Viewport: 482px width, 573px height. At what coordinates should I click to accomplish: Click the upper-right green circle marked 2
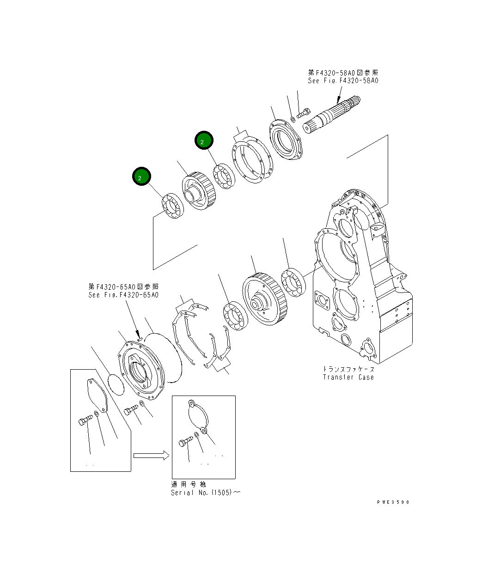point(203,140)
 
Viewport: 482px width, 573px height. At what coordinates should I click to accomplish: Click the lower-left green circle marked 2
point(141,177)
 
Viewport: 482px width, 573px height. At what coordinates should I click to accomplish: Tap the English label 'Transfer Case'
point(348,377)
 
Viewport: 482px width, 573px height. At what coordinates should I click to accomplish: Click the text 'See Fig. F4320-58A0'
point(343,80)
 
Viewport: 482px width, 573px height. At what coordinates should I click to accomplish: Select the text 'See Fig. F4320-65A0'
point(123,295)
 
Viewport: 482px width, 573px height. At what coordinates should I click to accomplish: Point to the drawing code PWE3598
point(393,502)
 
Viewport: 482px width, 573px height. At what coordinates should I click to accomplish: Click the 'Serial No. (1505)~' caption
point(205,493)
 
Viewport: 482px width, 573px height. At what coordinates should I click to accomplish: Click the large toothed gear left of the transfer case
point(265,299)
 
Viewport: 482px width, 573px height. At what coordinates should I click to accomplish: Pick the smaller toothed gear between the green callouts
point(197,191)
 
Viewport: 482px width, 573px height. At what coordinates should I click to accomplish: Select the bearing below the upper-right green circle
point(224,176)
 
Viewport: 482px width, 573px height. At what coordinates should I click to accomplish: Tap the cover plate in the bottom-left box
point(97,395)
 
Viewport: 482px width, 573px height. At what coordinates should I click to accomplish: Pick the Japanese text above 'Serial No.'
point(189,484)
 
